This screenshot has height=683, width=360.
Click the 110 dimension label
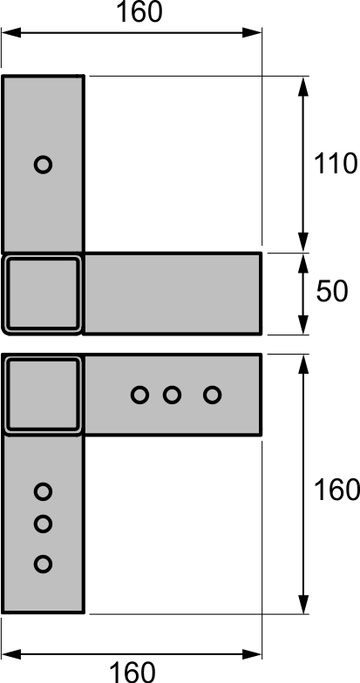335,164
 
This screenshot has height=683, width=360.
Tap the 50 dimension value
332,291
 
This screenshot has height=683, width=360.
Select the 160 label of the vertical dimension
336,490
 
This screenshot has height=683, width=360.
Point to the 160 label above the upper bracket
139,12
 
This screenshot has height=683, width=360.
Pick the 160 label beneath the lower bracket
132,672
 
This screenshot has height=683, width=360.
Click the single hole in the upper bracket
44,165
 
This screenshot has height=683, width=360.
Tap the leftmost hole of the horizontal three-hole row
139,396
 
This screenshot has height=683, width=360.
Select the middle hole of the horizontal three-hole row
173,396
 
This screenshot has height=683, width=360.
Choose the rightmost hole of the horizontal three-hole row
213,396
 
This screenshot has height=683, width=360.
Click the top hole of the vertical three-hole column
44,491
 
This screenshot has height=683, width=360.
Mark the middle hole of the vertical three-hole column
44,524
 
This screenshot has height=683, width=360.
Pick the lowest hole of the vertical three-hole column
44,565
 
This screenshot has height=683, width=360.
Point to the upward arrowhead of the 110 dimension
303,86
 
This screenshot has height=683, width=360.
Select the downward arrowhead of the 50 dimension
303,325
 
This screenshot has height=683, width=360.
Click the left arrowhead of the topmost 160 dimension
11,33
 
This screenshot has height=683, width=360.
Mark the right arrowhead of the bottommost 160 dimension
252,653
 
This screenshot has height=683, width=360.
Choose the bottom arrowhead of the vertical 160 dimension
303,604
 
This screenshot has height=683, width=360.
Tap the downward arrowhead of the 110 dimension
303,242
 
